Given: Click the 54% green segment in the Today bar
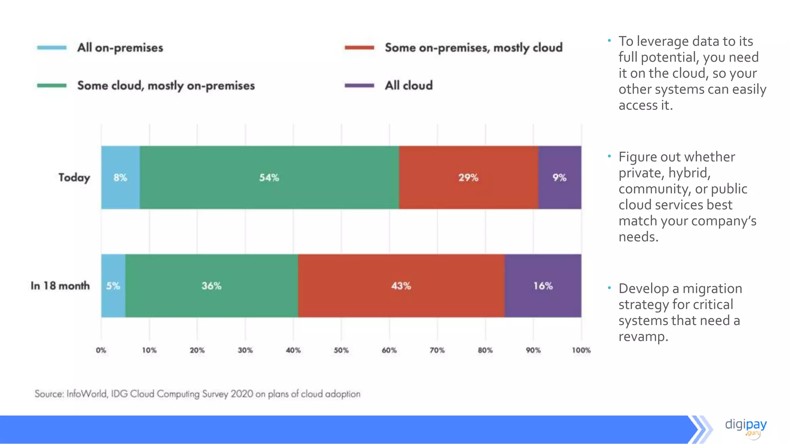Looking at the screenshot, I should pyautogui.click(x=269, y=178).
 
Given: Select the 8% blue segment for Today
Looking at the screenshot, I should pyautogui.click(x=120, y=178).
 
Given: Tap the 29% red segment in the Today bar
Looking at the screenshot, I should pyautogui.click(x=468, y=178).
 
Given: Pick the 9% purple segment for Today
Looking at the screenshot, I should pyautogui.click(x=559, y=178).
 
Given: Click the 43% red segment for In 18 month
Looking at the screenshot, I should pyautogui.click(x=401, y=286).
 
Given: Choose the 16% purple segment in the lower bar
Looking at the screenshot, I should pyautogui.click(x=543, y=286).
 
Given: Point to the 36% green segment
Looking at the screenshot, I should pyautogui.click(x=211, y=286).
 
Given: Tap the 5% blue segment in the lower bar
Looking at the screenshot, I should pyautogui.click(x=113, y=286).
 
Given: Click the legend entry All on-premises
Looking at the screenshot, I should pyautogui.click(x=120, y=48).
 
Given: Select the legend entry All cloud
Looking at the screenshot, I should pyautogui.click(x=409, y=85).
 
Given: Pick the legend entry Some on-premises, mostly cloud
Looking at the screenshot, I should pyautogui.click(x=473, y=48).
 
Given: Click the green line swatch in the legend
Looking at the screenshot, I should pyautogui.click(x=52, y=86).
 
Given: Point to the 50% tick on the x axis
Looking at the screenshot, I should pyautogui.click(x=341, y=350).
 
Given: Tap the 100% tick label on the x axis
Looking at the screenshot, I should pyautogui.click(x=581, y=350).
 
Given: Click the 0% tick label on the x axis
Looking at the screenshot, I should pyautogui.click(x=101, y=350).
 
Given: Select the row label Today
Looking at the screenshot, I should pyautogui.click(x=74, y=178).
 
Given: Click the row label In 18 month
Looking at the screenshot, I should pyautogui.click(x=60, y=286).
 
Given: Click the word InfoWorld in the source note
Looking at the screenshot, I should pyautogui.click(x=86, y=394).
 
